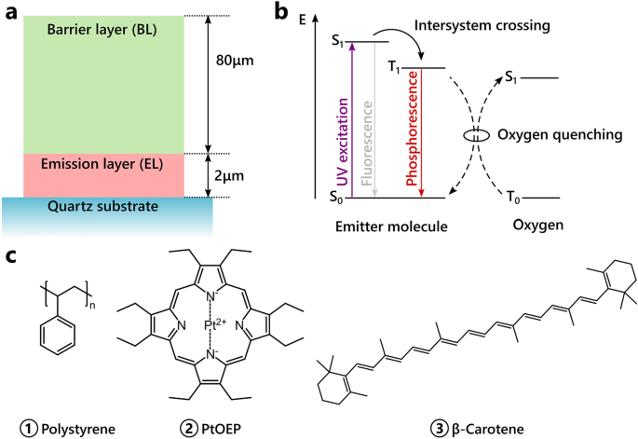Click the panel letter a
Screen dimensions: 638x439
(11, 13)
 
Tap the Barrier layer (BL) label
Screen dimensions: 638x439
(102, 30)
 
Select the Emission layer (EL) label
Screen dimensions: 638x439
(102, 164)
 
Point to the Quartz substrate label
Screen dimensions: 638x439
(103, 206)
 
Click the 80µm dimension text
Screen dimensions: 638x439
(235, 61)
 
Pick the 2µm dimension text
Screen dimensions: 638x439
(229, 176)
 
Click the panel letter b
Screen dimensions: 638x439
(281, 12)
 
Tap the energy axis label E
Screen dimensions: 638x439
(303, 20)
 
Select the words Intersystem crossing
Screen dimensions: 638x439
(482, 26)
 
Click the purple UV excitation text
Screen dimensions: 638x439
(344, 142)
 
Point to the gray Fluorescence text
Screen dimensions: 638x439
(367, 144)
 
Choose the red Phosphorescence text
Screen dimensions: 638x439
(413, 129)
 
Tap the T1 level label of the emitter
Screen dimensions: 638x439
(394, 67)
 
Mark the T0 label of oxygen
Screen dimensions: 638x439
(513, 198)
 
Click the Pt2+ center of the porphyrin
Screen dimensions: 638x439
(215, 324)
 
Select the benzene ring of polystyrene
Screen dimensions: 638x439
(58, 336)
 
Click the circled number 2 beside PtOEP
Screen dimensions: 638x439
(186, 428)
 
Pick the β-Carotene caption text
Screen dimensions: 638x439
(488, 429)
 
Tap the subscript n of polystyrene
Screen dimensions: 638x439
(92, 305)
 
